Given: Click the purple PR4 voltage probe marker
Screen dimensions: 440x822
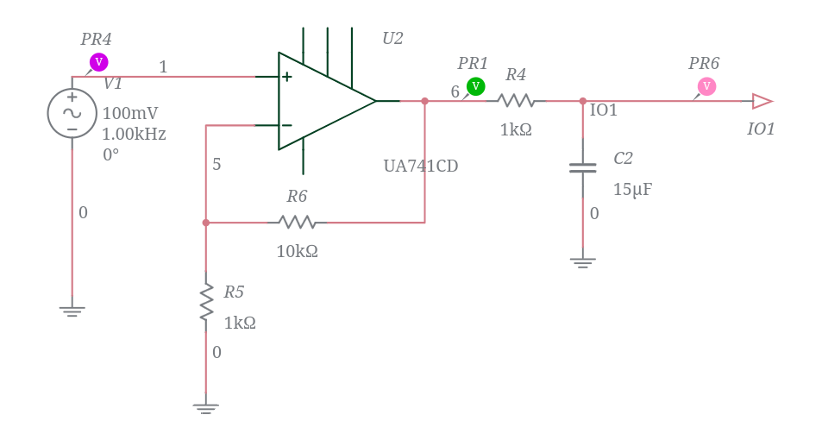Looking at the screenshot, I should pyautogui.click(x=98, y=62).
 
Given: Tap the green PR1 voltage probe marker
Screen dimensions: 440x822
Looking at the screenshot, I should pyautogui.click(x=475, y=86).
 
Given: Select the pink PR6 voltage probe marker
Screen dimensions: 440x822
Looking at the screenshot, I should pyautogui.click(x=706, y=86).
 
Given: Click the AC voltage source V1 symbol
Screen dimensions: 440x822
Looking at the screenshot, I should pyautogui.click(x=72, y=113).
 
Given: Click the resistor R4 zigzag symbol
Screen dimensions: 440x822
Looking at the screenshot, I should pyautogui.click(x=517, y=101).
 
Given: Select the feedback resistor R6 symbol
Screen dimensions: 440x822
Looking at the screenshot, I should pyautogui.click(x=298, y=223).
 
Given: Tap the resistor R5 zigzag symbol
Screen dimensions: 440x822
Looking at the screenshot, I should pyautogui.click(x=206, y=303).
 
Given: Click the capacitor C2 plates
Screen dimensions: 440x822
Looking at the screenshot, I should pyautogui.click(x=582, y=167).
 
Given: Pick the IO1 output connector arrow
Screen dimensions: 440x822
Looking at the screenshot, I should pyautogui.click(x=762, y=101).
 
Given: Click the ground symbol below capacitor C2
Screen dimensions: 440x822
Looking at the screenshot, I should pyautogui.click(x=582, y=261).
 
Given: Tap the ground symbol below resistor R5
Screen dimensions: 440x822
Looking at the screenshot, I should pyautogui.click(x=205, y=407).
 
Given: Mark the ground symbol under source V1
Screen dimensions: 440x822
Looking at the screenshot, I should pyautogui.click(x=72, y=311).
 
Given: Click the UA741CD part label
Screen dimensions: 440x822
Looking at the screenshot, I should pyautogui.click(x=421, y=166).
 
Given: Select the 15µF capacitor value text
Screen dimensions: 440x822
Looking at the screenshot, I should pyautogui.click(x=632, y=190).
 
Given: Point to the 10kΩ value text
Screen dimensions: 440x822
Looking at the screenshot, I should pyautogui.click(x=298, y=252).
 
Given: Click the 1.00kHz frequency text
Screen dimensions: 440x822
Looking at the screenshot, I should pyautogui.click(x=134, y=135).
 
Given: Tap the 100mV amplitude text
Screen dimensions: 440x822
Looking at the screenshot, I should pyautogui.click(x=130, y=113).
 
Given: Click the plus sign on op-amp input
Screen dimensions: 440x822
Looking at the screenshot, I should pyautogui.click(x=287, y=77).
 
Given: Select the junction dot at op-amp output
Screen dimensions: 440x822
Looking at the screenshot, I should pyautogui.click(x=424, y=101).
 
